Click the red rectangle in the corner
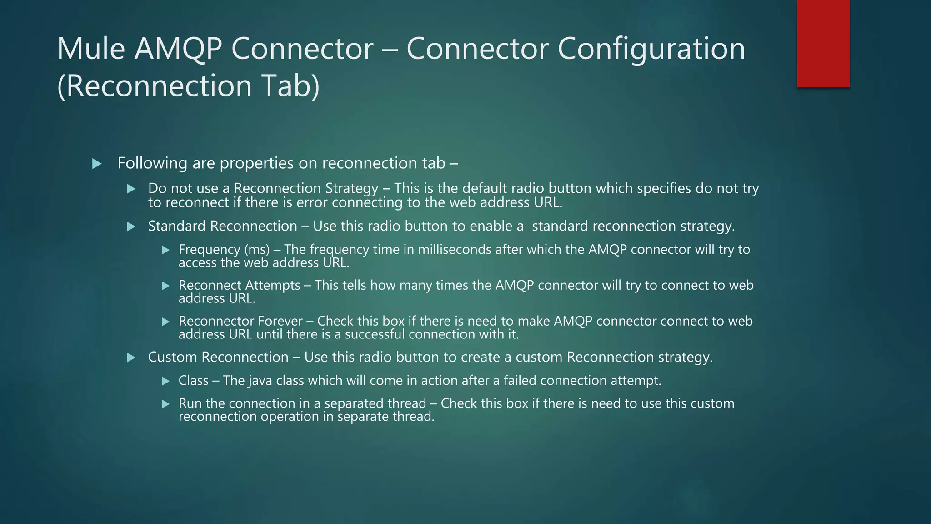(x=823, y=43)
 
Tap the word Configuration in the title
(x=651, y=49)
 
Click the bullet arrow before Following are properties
(x=97, y=164)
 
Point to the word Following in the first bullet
(x=152, y=163)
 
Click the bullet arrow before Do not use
(x=131, y=189)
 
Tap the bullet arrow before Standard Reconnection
(x=131, y=227)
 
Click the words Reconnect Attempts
(x=239, y=286)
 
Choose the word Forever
(x=280, y=321)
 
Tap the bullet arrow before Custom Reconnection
(x=131, y=358)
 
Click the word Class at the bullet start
(x=193, y=381)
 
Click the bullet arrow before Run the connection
(x=166, y=404)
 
